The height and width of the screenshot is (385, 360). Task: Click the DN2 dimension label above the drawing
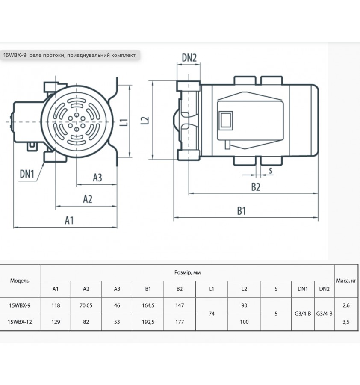coord(189,58)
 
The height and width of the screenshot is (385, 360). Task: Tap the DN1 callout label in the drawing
coord(27,174)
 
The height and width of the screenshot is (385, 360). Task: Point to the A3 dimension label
coord(97,178)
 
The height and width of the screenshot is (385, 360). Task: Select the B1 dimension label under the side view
coord(242,211)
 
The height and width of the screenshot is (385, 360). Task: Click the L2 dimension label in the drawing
coord(145,120)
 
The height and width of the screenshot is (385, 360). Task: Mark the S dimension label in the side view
coord(271,170)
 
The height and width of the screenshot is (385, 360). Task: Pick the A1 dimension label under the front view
coord(69,220)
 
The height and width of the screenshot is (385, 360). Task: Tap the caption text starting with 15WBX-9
coord(69,55)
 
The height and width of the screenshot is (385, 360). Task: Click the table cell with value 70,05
coord(86,305)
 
